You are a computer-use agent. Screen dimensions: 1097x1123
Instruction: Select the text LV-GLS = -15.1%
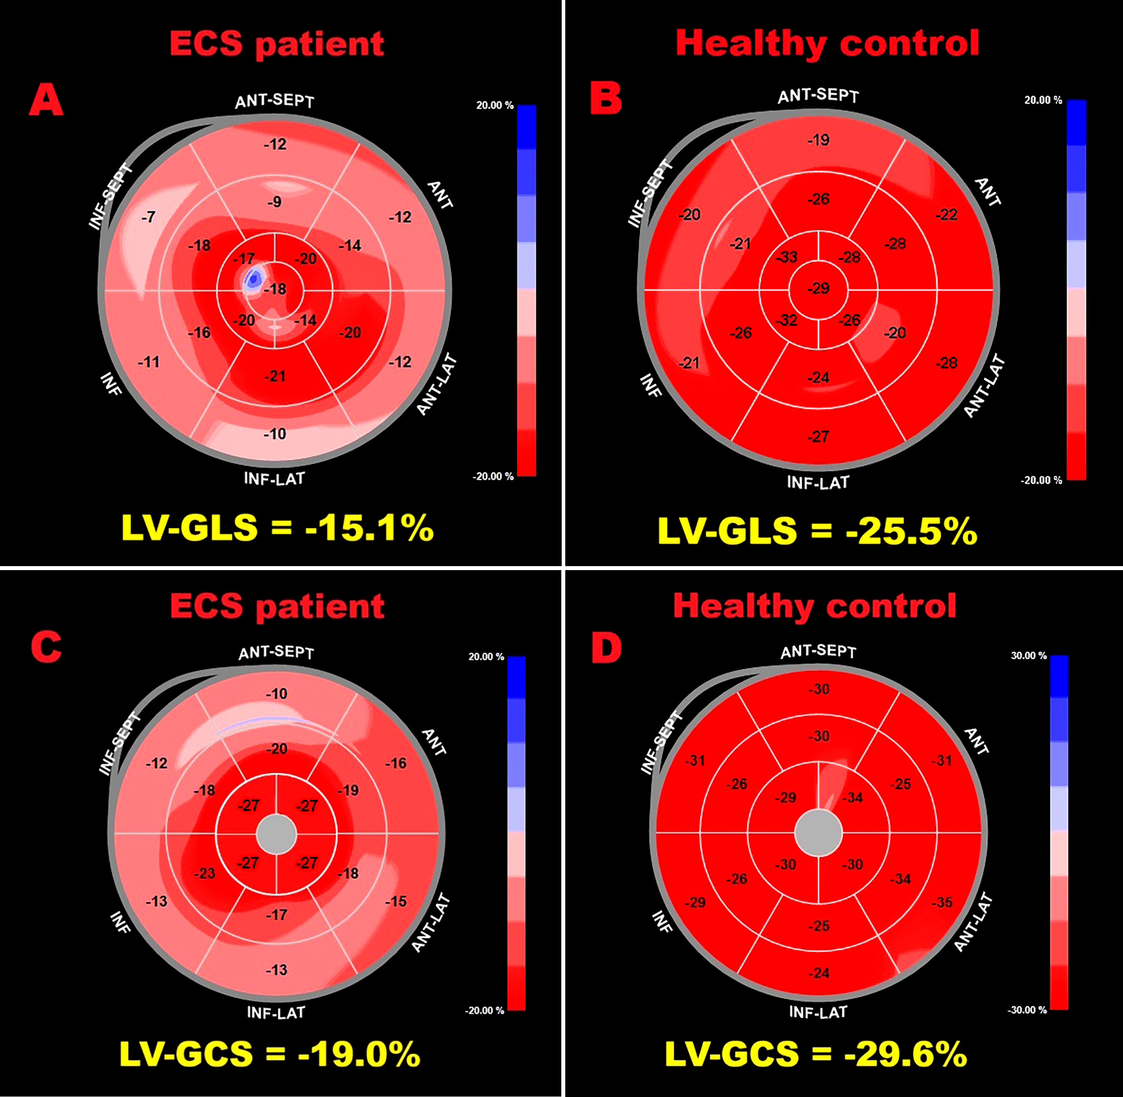pyautogui.click(x=277, y=527)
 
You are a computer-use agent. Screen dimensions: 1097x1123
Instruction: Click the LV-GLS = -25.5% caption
pyautogui.click(x=817, y=530)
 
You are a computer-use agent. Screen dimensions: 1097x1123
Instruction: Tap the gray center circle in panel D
pyautogui.click(x=819, y=832)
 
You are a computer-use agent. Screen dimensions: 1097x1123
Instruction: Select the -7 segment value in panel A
pyautogui.click(x=148, y=217)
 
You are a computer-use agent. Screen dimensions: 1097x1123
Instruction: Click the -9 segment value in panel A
pyautogui.click(x=274, y=202)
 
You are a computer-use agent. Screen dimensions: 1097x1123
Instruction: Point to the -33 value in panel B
pyautogui.click(x=786, y=257)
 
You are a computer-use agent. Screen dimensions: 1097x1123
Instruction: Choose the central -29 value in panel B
pyautogui.click(x=819, y=288)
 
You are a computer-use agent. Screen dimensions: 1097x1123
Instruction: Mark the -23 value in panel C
pyautogui.click(x=204, y=874)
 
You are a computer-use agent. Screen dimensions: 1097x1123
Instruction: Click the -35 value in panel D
pyautogui.click(x=943, y=902)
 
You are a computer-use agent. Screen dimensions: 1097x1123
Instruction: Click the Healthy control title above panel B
pyautogui.click(x=827, y=43)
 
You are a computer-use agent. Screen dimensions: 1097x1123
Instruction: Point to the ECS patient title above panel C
pyautogui.click(x=277, y=606)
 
